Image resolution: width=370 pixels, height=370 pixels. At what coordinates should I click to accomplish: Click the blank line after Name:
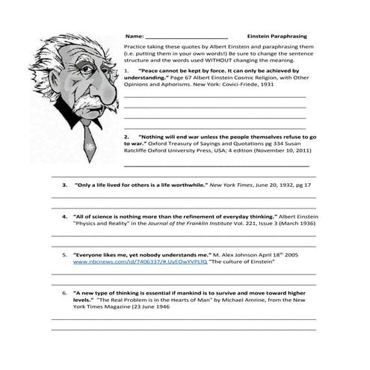[x=186, y=37]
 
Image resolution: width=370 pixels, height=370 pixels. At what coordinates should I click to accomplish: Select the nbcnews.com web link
[x=114, y=262]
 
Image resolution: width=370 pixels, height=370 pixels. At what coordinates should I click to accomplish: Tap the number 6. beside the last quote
[x=65, y=293]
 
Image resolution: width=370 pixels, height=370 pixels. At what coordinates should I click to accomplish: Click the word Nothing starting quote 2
[x=156, y=138]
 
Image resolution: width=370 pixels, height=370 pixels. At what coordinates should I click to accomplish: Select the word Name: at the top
[x=134, y=36]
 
